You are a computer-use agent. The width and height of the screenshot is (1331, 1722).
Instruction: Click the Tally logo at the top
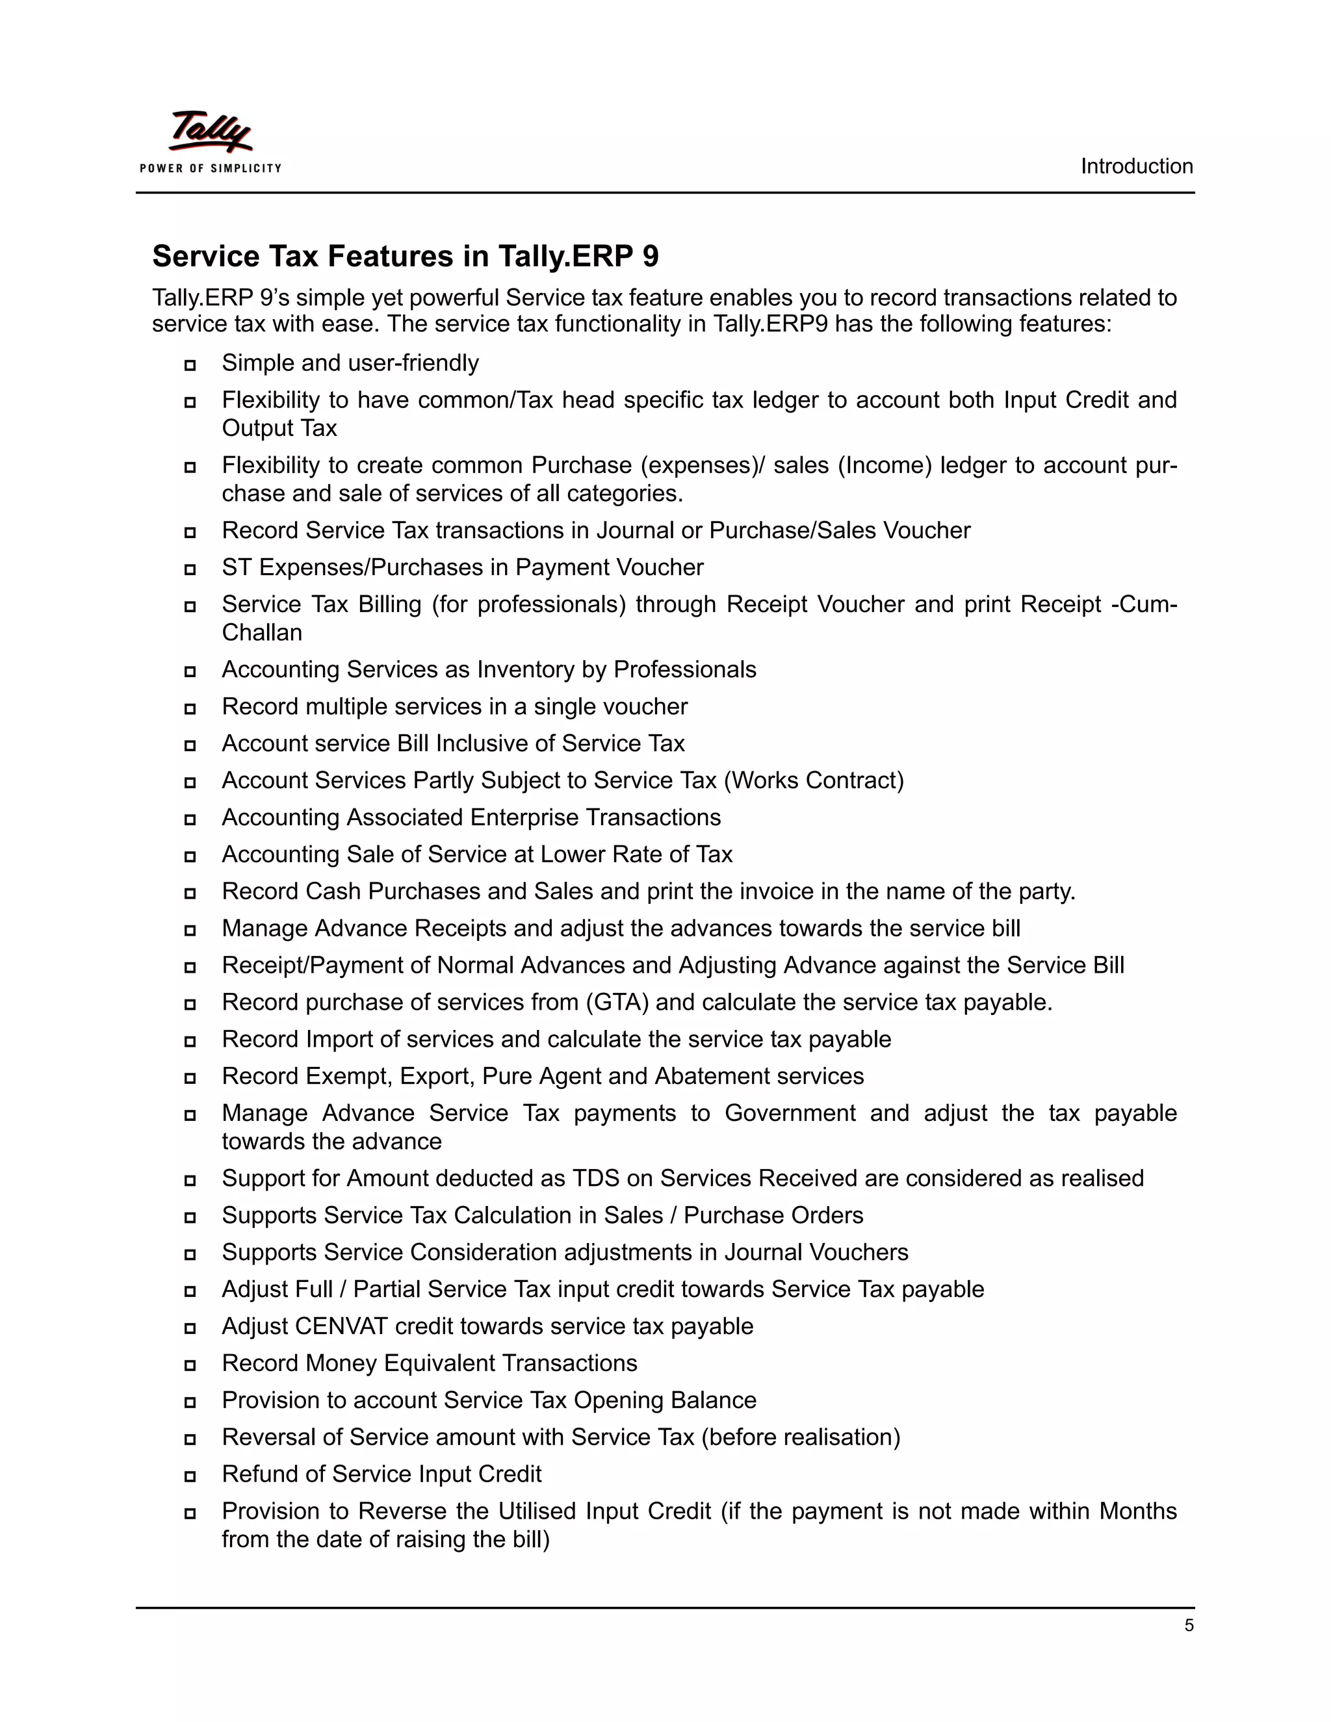[x=211, y=132]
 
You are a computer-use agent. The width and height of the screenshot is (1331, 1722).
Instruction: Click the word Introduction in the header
[x=1135, y=166]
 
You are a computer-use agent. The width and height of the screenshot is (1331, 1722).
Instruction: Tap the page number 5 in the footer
[x=1188, y=1625]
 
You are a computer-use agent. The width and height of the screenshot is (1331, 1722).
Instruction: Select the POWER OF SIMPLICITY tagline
[x=211, y=168]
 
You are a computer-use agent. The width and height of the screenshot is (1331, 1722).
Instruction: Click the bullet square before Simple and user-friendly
[x=190, y=365]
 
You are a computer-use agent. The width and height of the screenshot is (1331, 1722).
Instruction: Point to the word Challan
[x=261, y=632]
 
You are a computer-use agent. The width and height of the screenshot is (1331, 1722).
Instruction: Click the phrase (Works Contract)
[x=813, y=780]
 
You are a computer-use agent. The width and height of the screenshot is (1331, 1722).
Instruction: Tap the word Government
[x=789, y=1112]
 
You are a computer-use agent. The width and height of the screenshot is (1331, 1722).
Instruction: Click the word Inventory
[x=526, y=669]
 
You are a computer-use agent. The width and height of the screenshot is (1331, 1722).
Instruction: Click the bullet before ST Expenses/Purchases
[x=190, y=569]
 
